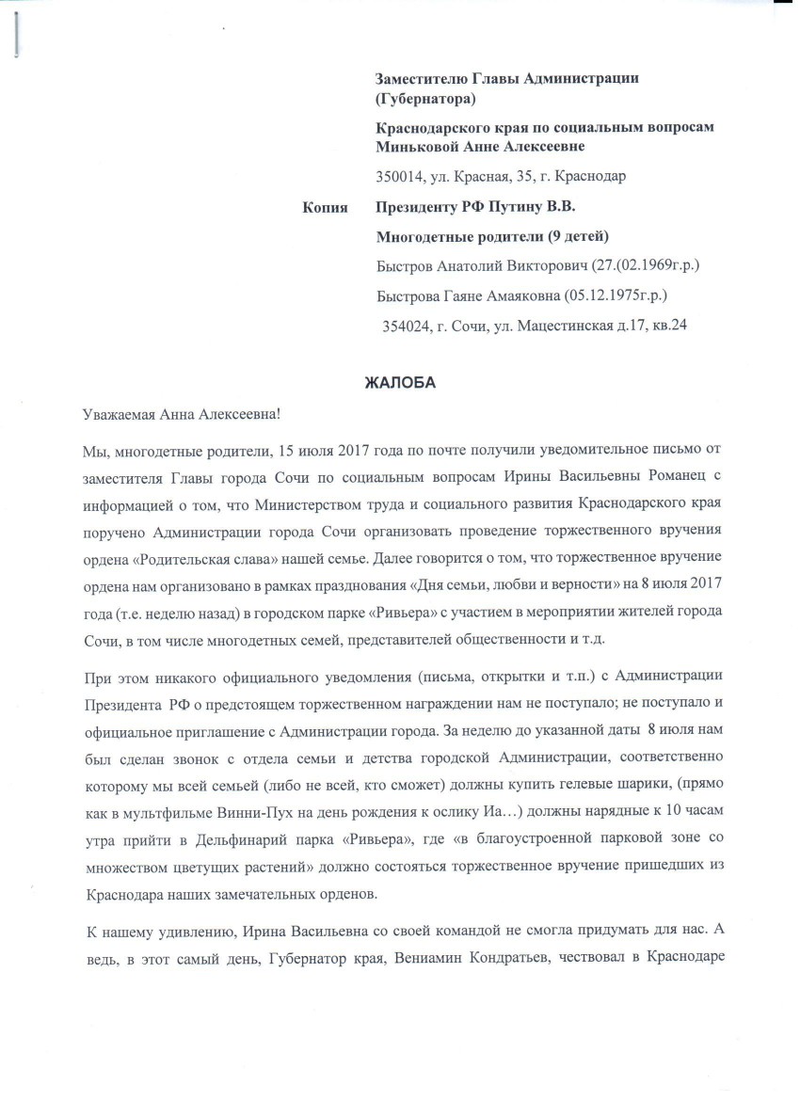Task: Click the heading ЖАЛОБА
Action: pos(400,382)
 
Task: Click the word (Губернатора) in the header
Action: pos(425,98)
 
